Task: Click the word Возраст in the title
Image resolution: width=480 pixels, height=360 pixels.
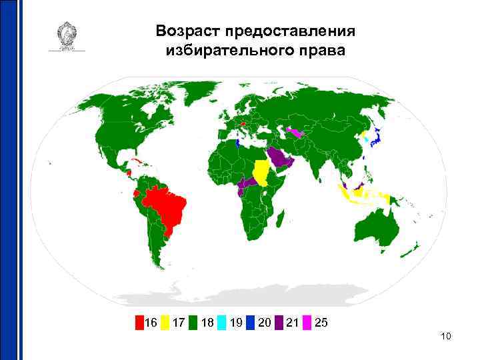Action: (x=188, y=31)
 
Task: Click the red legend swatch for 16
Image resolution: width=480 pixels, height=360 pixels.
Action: (x=139, y=323)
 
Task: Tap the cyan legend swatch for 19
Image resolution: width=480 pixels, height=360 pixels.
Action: (x=222, y=323)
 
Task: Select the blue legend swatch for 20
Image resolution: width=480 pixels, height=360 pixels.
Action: (x=250, y=323)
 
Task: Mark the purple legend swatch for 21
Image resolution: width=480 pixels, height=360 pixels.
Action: (x=279, y=323)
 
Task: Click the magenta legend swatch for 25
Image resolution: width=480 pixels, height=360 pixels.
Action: (x=307, y=323)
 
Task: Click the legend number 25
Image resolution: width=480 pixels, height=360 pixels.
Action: (x=321, y=323)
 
